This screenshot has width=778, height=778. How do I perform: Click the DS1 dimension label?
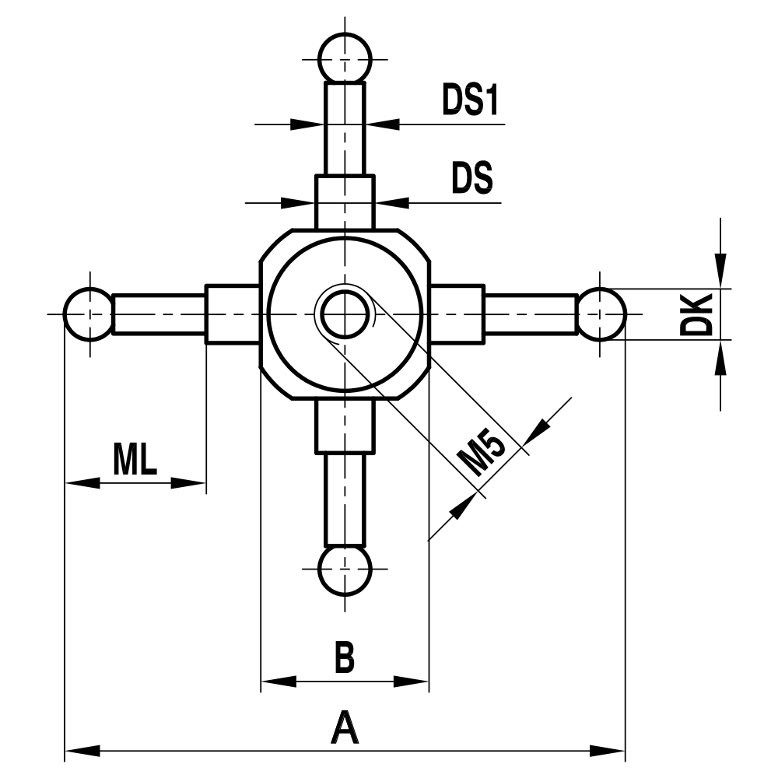pos(470,101)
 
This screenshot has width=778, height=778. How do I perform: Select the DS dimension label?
pos(472,180)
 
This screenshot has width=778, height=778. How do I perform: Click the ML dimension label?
pos(135,460)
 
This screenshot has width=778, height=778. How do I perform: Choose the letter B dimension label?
pos(344,657)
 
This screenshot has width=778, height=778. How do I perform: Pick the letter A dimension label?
pos(344,729)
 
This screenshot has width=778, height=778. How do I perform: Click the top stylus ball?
pos(345,57)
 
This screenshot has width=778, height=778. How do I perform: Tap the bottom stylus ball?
pos(345,569)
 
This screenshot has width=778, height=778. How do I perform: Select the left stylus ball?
pos(89,314)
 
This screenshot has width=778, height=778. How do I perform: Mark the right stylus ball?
pos(601,314)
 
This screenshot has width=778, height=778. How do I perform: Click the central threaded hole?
pos(345,314)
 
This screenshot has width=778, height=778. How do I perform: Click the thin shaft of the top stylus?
pos(345,128)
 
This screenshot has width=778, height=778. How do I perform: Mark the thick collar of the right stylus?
pos(457,314)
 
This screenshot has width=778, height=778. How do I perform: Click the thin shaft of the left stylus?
pos(159,314)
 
